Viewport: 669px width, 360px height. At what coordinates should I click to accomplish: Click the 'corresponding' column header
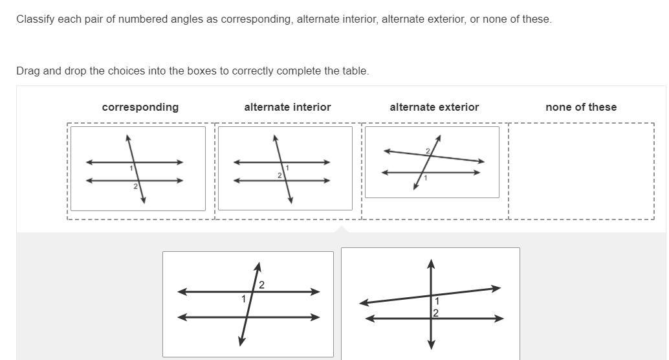[140, 107]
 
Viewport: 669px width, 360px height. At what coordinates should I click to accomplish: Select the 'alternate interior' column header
[287, 107]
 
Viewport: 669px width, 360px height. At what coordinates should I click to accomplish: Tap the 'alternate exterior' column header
[434, 107]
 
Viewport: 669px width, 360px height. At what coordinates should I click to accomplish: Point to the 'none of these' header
[581, 107]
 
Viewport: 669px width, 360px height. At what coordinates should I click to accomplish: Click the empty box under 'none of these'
[581, 171]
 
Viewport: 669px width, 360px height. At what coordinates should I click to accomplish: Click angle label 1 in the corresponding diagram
[131, 168]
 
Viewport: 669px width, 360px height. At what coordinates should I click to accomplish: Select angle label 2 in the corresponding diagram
[135, 186]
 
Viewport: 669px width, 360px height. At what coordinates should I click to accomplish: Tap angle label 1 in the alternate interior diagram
[287, 168]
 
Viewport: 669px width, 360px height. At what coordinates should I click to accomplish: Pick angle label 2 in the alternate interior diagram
[280, 175]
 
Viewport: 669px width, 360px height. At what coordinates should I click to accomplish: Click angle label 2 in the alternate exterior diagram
[428, 151]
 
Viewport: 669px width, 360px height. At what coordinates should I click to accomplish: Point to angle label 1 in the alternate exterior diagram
[425, 178]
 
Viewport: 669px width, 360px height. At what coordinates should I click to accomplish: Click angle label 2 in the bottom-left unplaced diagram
[261, 285]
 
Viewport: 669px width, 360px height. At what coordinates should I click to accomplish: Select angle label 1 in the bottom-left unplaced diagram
[244, 299]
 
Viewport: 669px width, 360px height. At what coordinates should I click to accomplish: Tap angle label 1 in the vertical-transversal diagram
[437, 302]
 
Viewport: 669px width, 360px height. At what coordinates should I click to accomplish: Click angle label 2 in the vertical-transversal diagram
[435, 313]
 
